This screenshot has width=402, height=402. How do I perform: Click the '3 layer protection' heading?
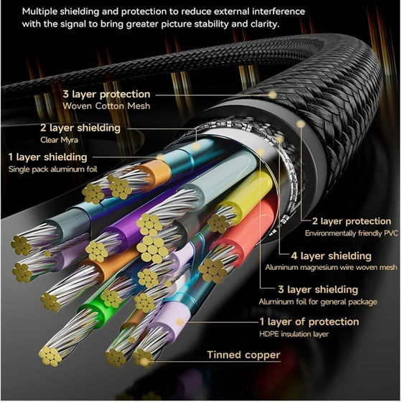(x=106, y=94)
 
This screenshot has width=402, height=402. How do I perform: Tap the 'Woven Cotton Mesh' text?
(x=106, y=106)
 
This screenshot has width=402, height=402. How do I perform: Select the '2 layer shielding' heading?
(x=80, y=128)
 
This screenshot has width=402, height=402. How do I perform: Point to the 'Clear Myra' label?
(x=59, y=140)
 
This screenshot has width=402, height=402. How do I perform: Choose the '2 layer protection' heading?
(x=352, y=221)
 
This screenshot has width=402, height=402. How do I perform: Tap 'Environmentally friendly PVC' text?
(x=351, y=233)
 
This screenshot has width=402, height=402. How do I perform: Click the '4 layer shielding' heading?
(x=331, y=256)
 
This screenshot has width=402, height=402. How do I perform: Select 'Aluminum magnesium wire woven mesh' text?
(x=331, y=267)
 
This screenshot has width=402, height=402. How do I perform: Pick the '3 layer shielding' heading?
(x=318, y=289)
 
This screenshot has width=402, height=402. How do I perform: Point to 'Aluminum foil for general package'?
(x=318, y=301)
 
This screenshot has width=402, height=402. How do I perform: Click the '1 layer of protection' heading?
(x=309, y=322)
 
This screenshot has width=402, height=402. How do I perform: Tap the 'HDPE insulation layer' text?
(x=294, y=334)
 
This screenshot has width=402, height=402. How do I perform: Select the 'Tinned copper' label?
(x=243, y=355)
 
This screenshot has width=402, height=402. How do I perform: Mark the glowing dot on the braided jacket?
(x=272, y=95)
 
